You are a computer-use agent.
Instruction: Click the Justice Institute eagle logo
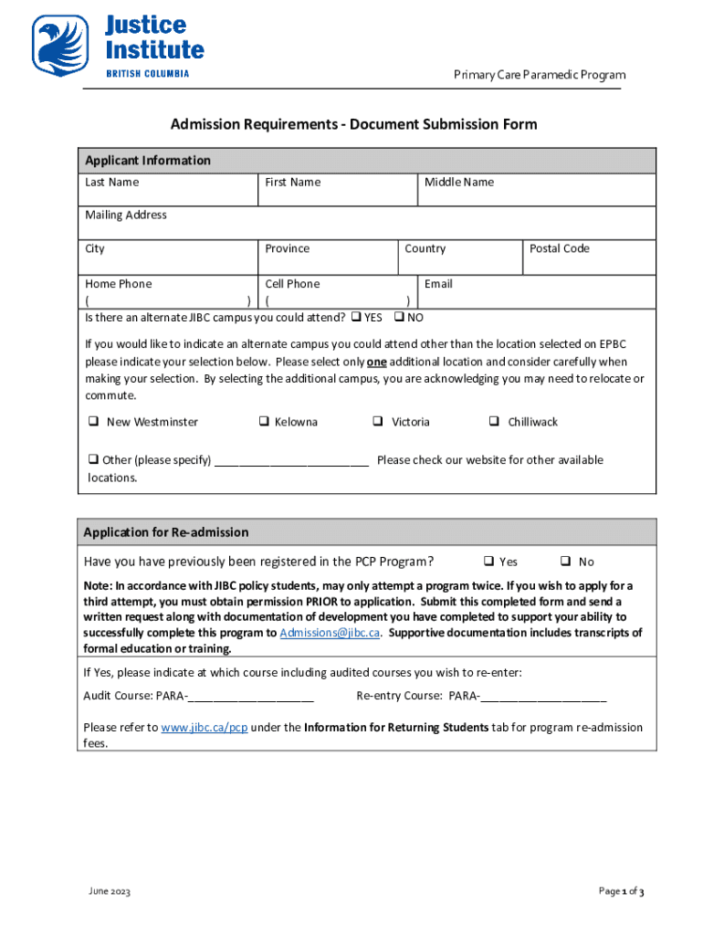[60, 45]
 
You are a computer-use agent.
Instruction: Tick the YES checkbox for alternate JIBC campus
[356, 318]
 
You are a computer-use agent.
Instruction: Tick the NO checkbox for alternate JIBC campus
[399, 318]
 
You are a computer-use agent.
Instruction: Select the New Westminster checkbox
[93, 422]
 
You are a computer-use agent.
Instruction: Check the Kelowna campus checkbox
[262, 422]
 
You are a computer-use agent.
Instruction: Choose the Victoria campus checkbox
[377, 422]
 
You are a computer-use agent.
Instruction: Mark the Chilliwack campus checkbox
[493, 422]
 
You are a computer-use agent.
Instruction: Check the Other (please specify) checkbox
[93, 460]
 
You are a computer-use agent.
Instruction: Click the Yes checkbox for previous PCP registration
[488, 562]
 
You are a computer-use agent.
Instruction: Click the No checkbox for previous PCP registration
[566, 562]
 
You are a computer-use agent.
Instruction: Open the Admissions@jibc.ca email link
[330, 634]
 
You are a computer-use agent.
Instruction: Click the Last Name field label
[112, 183]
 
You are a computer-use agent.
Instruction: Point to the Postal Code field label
[560, 249]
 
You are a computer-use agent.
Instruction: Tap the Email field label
[438, 284]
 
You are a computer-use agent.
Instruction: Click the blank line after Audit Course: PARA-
[251, 697]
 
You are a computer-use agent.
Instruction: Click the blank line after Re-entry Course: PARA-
[543, 697]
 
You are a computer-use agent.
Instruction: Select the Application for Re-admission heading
[165, 532]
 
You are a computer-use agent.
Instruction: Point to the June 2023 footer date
[110, 892]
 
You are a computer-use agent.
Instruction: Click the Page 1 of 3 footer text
[622, 892]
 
